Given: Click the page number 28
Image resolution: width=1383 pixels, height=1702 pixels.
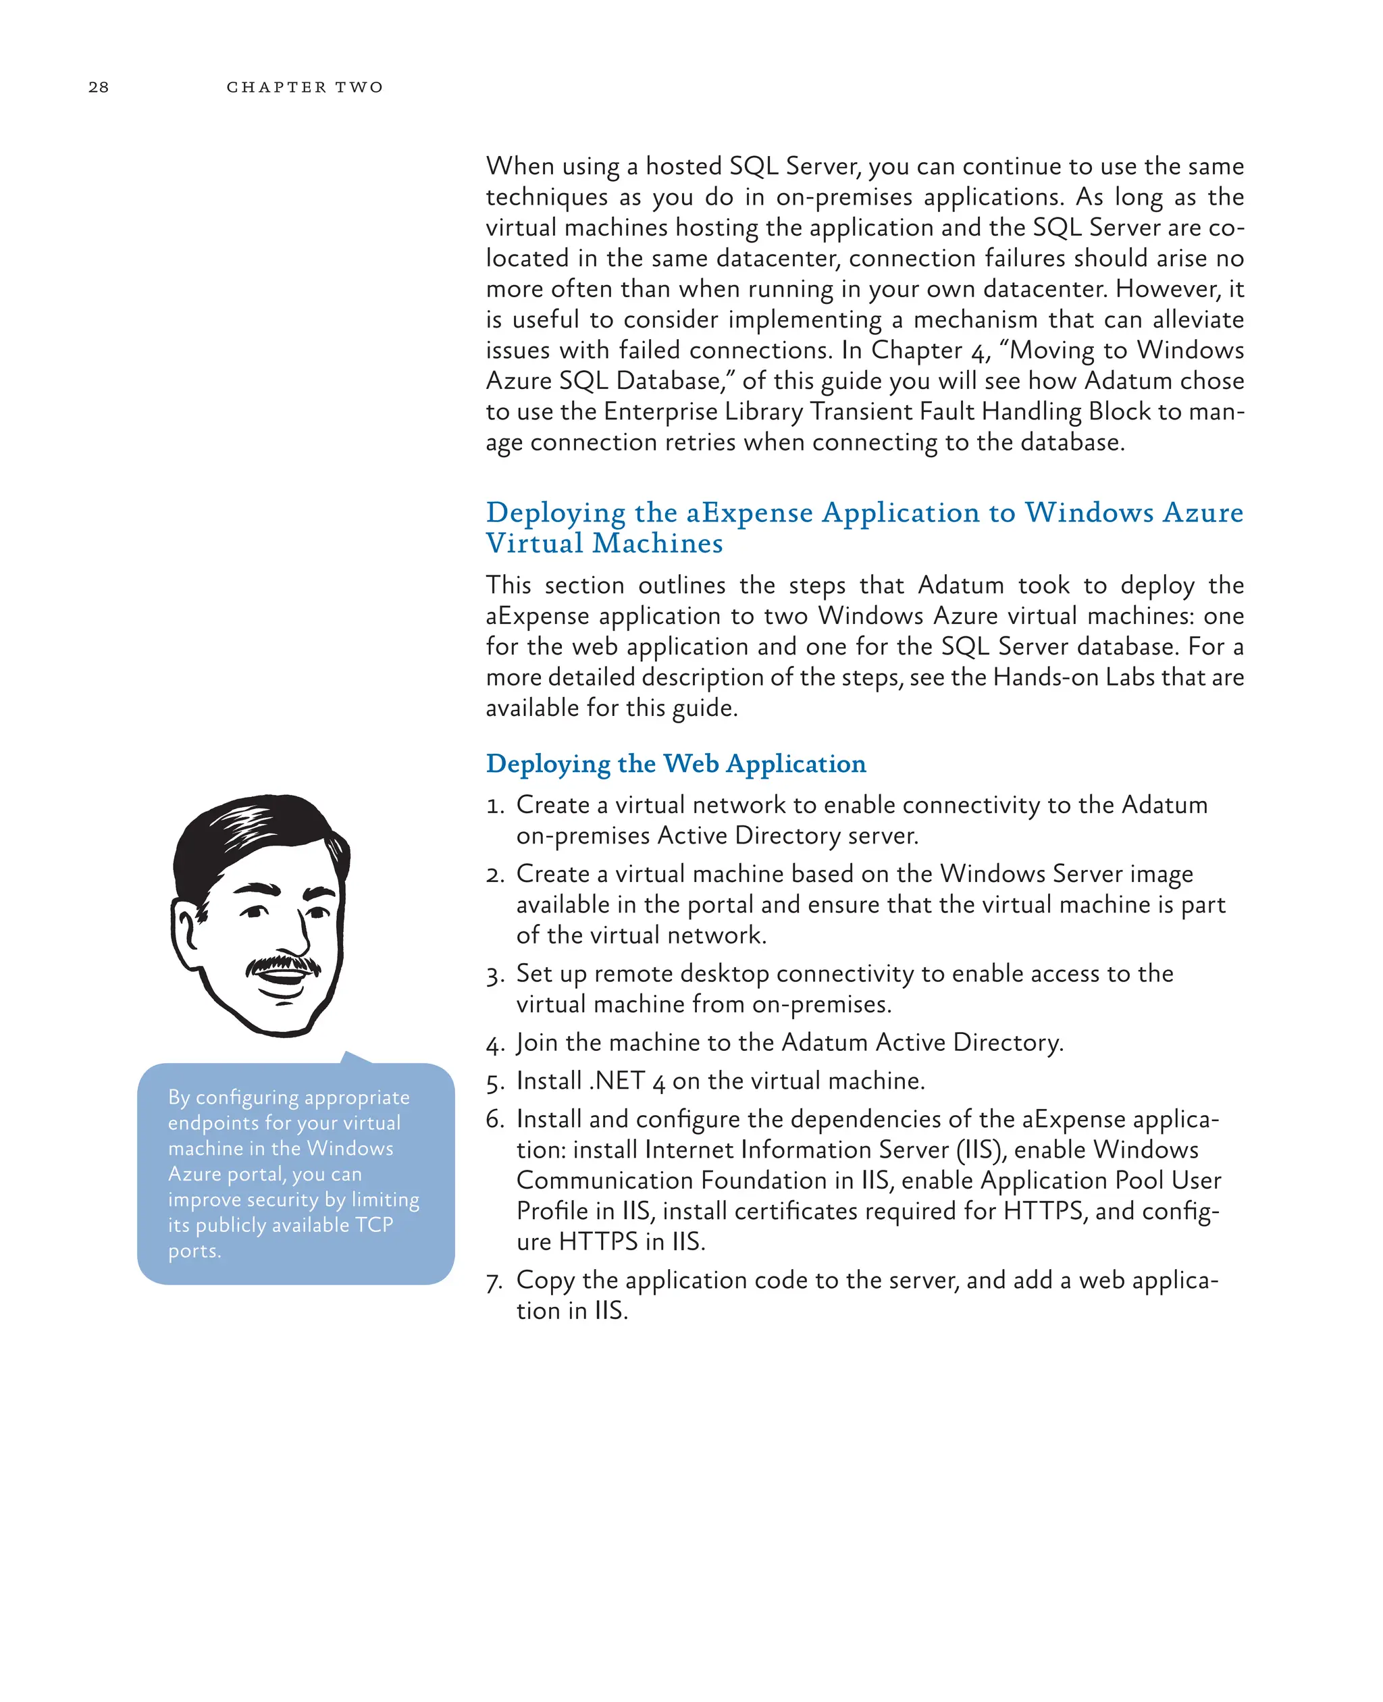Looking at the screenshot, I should tap(98, 87).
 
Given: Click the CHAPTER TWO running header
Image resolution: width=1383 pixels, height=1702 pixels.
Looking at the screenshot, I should tap(305, 87).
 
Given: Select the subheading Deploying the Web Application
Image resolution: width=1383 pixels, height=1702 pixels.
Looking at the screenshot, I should tap(675, 763).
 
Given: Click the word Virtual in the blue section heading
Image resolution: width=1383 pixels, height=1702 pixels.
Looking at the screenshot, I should tap(535, 544).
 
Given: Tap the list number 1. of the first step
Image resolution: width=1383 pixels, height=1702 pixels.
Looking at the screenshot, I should tap(495, 806).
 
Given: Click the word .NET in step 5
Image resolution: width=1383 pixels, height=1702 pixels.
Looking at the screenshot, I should tap(616, 1081).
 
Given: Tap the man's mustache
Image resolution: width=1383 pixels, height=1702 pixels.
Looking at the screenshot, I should tap(282, 965).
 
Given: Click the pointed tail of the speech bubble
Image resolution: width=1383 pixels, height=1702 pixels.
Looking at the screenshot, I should tap(351, 1058).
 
